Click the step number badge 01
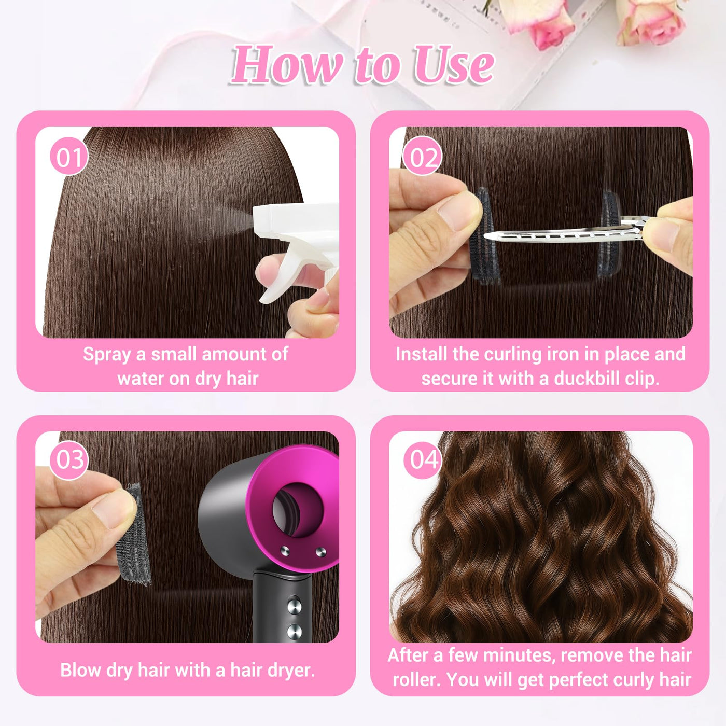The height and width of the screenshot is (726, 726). [69, 156]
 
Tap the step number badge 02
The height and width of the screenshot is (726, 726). [422, 156]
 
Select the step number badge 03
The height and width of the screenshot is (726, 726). [69, 460]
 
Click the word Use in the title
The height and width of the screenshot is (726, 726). [453, 64]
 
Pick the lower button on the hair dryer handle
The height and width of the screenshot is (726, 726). [294, 632]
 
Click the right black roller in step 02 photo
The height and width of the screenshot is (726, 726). [610, 233]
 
